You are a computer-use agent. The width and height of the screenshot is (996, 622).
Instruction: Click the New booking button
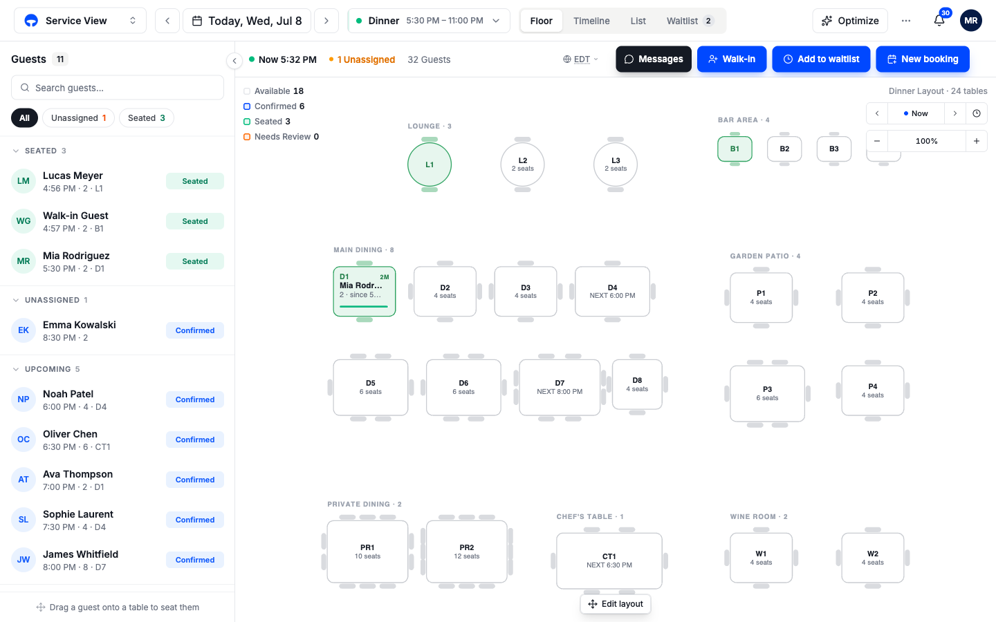point(923,59)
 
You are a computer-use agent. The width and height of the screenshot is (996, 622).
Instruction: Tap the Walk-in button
point(732,59)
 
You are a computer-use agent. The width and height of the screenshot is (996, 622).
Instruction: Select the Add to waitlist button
point(821,59)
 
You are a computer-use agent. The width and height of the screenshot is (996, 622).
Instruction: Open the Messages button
point(654,59)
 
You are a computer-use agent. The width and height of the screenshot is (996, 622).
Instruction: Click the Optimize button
point(850,21)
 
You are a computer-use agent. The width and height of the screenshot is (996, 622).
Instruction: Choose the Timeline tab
point(591,21)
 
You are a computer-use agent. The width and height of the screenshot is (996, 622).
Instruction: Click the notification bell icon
point(939,21)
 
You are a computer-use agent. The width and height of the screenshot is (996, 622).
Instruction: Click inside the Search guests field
point(118,88)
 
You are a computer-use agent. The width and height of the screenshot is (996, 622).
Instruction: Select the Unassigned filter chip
point(78,117)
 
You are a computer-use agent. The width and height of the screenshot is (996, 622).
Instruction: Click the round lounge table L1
point(430,164)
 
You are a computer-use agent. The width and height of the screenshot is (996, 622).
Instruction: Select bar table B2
point(784,149)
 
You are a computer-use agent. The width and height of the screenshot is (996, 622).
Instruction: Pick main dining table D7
point(560,387)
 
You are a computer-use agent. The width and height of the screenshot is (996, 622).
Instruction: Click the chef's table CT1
point(609,560)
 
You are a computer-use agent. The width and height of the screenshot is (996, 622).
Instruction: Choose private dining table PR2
point(467,552)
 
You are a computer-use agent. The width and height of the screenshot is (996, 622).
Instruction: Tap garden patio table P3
point(768,393)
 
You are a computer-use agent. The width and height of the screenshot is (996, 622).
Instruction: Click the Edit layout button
point(616,604)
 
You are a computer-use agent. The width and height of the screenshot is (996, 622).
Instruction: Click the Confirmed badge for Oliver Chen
point(195,440)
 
